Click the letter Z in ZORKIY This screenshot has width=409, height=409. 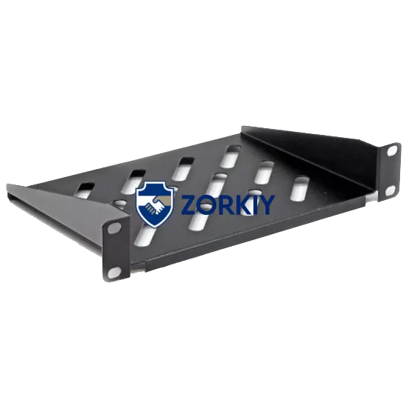[x=187, y=204]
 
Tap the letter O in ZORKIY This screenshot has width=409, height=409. [x=205, y=204]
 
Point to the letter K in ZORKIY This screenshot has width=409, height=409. [x=239, y=204]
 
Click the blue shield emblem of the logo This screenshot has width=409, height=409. [x=155, y=204]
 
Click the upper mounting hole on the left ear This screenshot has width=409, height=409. [x=114, y=228]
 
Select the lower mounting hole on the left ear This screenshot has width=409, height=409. [x=114, y=272]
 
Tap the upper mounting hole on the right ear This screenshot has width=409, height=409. [x=392, y=151]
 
